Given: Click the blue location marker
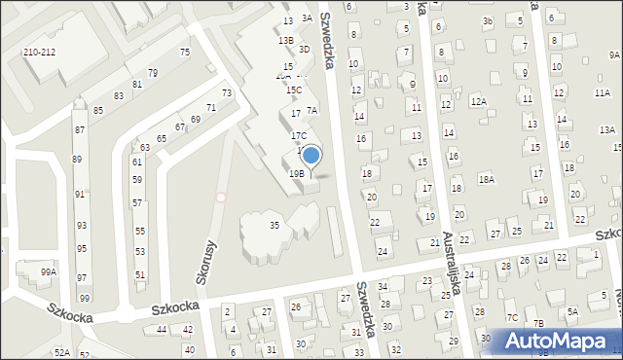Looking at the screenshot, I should pos(311,155).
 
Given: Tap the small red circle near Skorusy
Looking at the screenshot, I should pos(221,198).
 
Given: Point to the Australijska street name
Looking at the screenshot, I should pos(449,264).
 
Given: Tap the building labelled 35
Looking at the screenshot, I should pos(275,226).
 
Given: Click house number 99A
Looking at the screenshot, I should pos(49,272).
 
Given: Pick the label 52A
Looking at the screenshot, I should pos(61,353).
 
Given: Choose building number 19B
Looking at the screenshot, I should pos(296,173).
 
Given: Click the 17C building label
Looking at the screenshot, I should pos(299,135).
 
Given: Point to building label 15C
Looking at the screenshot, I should pos(293,90).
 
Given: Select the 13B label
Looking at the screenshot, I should pos(285,40).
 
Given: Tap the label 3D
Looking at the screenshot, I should pos(304,49).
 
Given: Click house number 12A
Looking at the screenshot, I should pos(477,100).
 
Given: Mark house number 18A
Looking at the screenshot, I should pos(486,180).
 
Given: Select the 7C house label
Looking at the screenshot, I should pos(511,317).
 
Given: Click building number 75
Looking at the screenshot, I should pos(184,52).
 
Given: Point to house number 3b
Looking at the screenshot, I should pos(488,21).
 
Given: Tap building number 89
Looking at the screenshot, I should pos(77,159).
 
